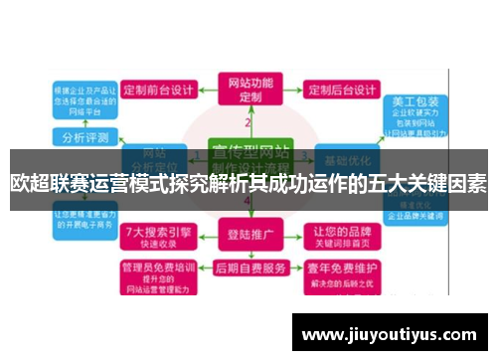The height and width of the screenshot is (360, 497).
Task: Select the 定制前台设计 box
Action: click(159, 90)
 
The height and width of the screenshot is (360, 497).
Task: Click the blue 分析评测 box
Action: click(83, 136)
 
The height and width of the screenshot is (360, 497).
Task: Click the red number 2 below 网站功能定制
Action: click(248, 121)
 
